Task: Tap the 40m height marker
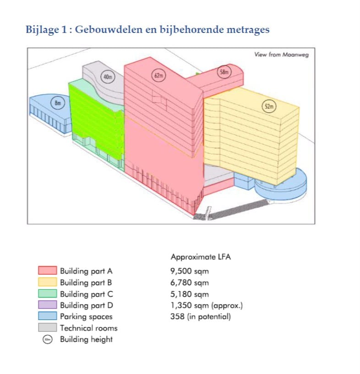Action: pos(107,77)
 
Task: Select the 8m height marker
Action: pos(58,103)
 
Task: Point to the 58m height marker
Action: pos(224,71)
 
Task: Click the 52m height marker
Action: pos(269,107)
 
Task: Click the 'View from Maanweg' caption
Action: pos(282,54)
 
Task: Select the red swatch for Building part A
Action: pos(47,271)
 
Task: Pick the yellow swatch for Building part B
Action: pos(47,282)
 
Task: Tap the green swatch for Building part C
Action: pos(47,293)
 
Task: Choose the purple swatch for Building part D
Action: pos(47,305)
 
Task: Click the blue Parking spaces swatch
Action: pos(47,316)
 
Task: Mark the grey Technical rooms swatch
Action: pos(47,328)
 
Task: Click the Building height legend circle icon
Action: pos(48,339)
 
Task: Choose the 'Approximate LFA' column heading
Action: pos(201,257)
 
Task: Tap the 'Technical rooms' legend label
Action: pos(88,328)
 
